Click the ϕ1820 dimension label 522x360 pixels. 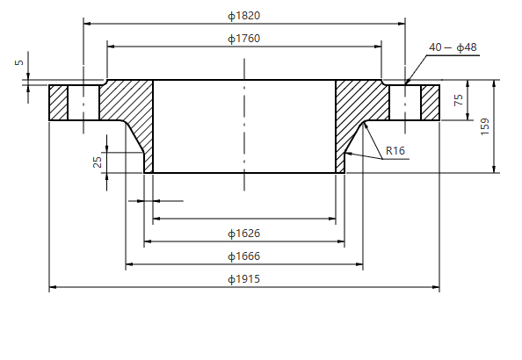pyautogui.click(x=243, y=16)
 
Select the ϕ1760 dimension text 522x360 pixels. pyautogui.click(x=243, y=39)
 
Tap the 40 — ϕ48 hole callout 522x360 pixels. pyautogui.click(x=453, y=47)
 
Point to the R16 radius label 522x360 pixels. pyautogui.click(x=395, y=151)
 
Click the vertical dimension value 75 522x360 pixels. pyautogui.click(x=458, y=100)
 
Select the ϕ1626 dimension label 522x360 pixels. pyautogui.click(x=243, y=234)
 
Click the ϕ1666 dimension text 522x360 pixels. pyautogui.click(x=243, y=256)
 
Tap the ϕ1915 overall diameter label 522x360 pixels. pyautogui.click(x=243, y=279)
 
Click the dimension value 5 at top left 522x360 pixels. pyautogui.click(x=18, y=63)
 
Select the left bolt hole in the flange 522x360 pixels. pyautogui.click(x=83, y=102)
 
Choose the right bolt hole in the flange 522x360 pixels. pyautogui.click(x=405, y=102)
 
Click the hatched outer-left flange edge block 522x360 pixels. pyautogui.click(x=58, y=102)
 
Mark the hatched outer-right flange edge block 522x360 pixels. pyautogui.click(x=430, y=102)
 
